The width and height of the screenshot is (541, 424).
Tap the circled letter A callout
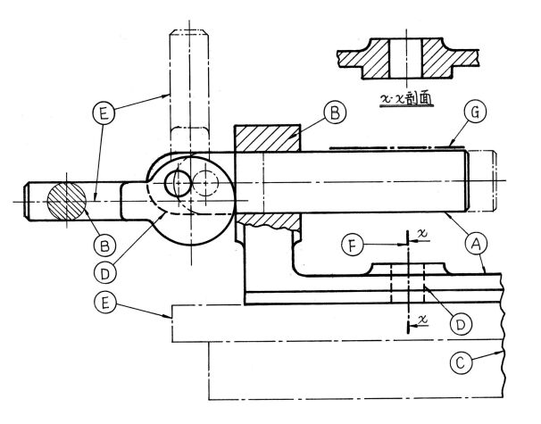tap(477, 241)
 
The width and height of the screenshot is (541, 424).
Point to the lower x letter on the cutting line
tap(421, 319)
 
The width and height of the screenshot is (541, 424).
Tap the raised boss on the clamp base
tap(408, 270)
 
